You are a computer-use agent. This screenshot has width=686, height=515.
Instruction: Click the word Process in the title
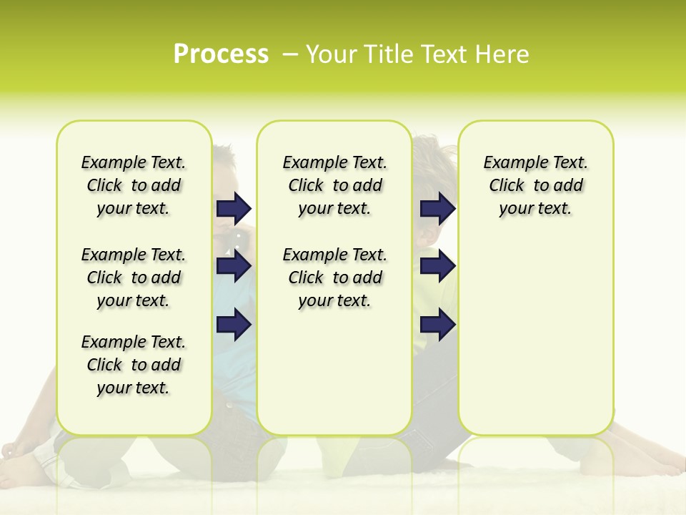pos(221,54)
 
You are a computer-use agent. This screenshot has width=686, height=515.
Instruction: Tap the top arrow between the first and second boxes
pos(234,208)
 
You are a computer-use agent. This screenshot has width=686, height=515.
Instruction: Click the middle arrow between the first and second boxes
pos(234,267)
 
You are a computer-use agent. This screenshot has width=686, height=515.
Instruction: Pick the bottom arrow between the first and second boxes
pos(234,325)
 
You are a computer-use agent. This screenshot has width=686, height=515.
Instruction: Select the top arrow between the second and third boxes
pos(437,208)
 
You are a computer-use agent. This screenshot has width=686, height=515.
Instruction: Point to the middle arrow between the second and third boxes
pos(437,267)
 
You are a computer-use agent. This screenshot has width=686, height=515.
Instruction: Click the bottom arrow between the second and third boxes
pos(437,325)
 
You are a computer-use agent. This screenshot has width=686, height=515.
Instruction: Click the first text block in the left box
pos(134,185)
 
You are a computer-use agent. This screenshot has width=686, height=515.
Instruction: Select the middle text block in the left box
pos(134,278)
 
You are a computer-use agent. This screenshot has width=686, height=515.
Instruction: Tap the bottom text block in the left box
pos(134,365)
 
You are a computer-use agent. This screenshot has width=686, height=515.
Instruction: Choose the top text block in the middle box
pos(334,185)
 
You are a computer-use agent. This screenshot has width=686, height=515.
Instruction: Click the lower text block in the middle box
pos(334,278)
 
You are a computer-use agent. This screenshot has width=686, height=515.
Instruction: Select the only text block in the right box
pos(535,185)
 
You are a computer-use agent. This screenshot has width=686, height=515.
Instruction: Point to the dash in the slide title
pos(290,54)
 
